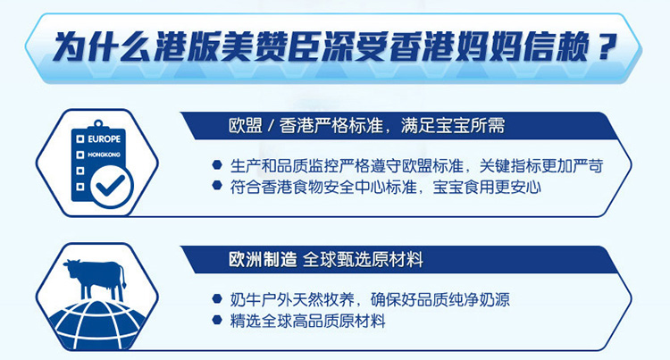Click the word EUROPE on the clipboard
pyautogui.click(x=105, y=139)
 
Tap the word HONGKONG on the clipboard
pyautogui.click(x=104, y=155)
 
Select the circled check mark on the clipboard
pyautogui.click(x=111, y=187)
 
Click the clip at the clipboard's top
pyautogui.click(x=98, y=124)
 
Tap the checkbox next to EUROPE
pyautogui.click(x=80, y=139)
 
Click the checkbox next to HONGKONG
pyautogui.click(x=80, y=155)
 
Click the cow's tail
pyautogui.click(x=122, y=277)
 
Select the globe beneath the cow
pyautogui.click(x=98, y=323)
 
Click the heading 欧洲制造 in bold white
pyautogui.click(x=263, y=259)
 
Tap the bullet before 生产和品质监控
pyautogui.click(x=217, y=164)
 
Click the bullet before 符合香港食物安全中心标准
pyautogui.click(x=217, y=185)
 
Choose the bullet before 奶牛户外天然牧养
pyautogui.click(x=217, y=298)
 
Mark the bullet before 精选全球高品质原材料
pyautogui.click(x=217, y=319)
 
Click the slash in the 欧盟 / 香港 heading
pyautogui.click(x=270, y=126)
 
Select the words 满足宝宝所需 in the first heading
pyautogui.click(x=453, y=126)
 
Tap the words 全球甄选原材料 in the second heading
pyautogui.click(x=364, y=259)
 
